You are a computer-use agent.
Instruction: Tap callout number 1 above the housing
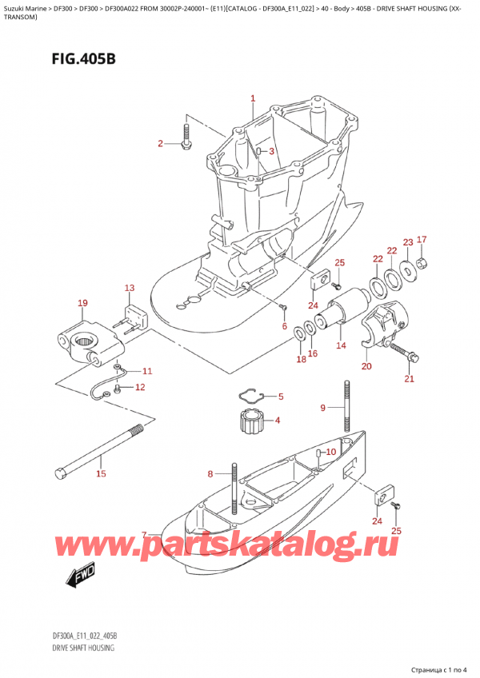coord(252,99)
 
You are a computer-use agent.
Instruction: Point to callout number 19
coord(82,303)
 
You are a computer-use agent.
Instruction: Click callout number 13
coord(129,287)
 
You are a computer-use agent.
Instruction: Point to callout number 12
coord(141,388)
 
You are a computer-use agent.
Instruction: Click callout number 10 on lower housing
coord(331,453)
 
